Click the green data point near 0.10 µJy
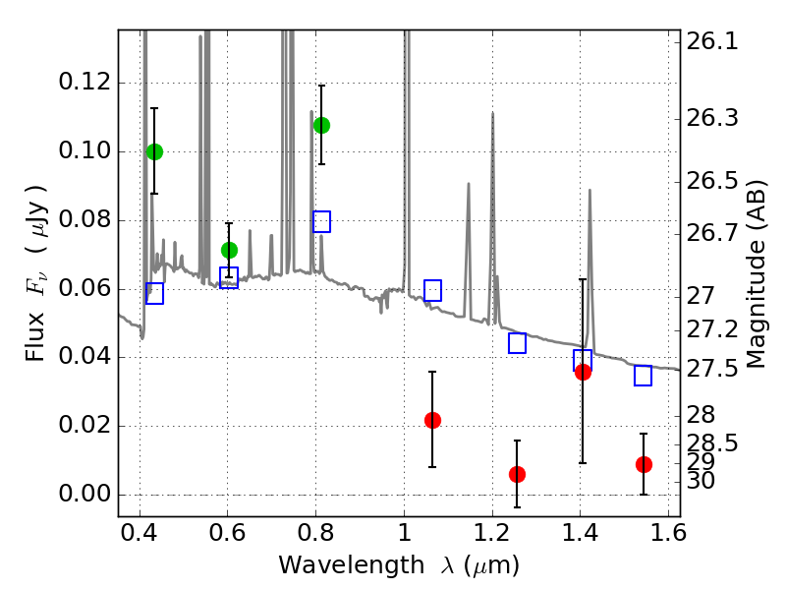[x=154, y=151]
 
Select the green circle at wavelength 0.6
[x=229, y=250]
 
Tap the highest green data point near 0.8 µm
[x=322, y=125]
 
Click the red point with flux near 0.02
[x=432, y=420]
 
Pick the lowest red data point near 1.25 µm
[x=517, y=474]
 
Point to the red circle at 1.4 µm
[x=583, y=373]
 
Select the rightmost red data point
[x=644, y=464]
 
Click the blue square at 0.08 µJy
[x=322, y=221]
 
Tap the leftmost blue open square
[x=154, y=293]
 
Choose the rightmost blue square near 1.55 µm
[x=644, y=376]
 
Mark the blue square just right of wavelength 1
[x=432, y=290]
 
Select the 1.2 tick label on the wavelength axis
[x=492, y=533]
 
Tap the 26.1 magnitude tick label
[x=711, y=40]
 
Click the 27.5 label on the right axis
[x=711, y=369]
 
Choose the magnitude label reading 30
[x=701, y=481]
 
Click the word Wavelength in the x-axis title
[x=352, y=565]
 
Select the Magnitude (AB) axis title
[x=756, y=274]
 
